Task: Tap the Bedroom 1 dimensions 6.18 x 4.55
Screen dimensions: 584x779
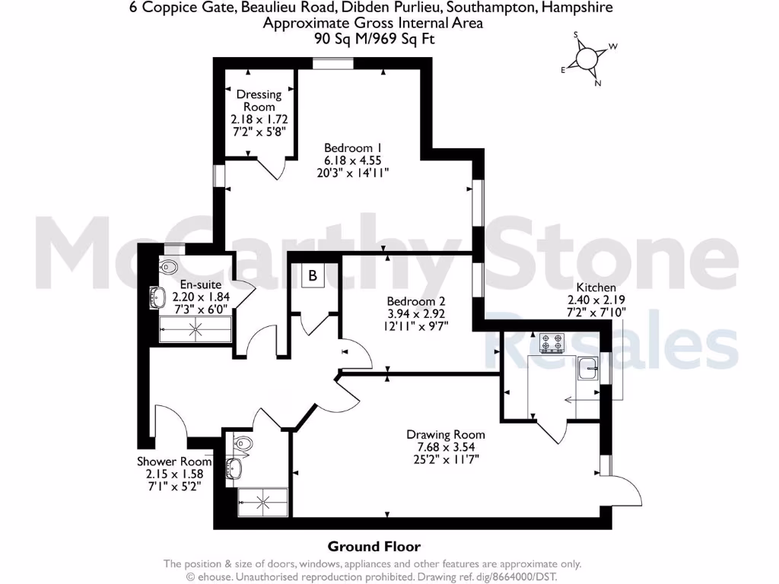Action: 352,160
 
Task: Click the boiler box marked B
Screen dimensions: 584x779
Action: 312,277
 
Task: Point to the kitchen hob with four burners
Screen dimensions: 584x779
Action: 552,344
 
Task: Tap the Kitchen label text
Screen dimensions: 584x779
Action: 596,287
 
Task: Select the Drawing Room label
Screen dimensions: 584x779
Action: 445,435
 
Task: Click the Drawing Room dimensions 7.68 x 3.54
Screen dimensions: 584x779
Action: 445,447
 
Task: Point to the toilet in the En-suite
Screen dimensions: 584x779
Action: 169,267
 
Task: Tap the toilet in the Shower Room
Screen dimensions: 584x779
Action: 242,443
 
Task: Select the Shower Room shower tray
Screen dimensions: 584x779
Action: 263,500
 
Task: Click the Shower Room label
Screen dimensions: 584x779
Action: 174,462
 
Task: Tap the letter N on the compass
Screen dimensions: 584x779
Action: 597,83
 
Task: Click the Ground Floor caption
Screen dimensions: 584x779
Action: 374,546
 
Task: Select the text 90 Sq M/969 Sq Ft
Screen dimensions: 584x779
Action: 374,38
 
